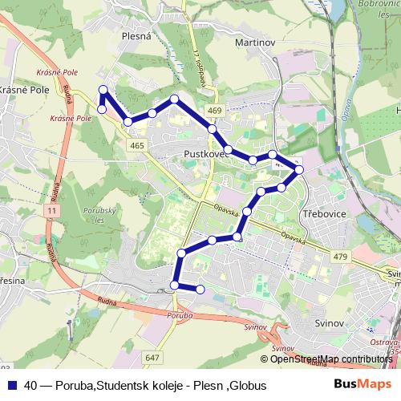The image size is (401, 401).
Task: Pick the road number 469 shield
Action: (x=213, y=111)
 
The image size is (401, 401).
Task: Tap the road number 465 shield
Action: (x=136, y=145)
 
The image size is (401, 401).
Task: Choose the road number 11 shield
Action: (x=53, y=209)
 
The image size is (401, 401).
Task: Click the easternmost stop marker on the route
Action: (x=299, y=170)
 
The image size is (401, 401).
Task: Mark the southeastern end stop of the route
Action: (x=200, y=289)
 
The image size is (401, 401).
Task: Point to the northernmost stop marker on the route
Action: (x=102, y=90)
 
